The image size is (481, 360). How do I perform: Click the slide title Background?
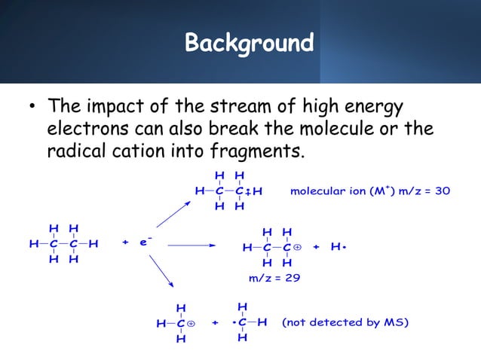pos(249,42)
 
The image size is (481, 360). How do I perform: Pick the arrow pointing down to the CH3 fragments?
pos(163,271)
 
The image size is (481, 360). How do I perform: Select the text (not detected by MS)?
pos(345,323)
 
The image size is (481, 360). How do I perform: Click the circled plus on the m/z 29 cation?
pos(297,247)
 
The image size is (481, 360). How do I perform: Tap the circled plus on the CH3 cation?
pos(191,324)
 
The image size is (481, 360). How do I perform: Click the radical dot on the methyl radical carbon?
pos(235,323)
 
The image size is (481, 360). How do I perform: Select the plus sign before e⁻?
pos(125,244)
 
